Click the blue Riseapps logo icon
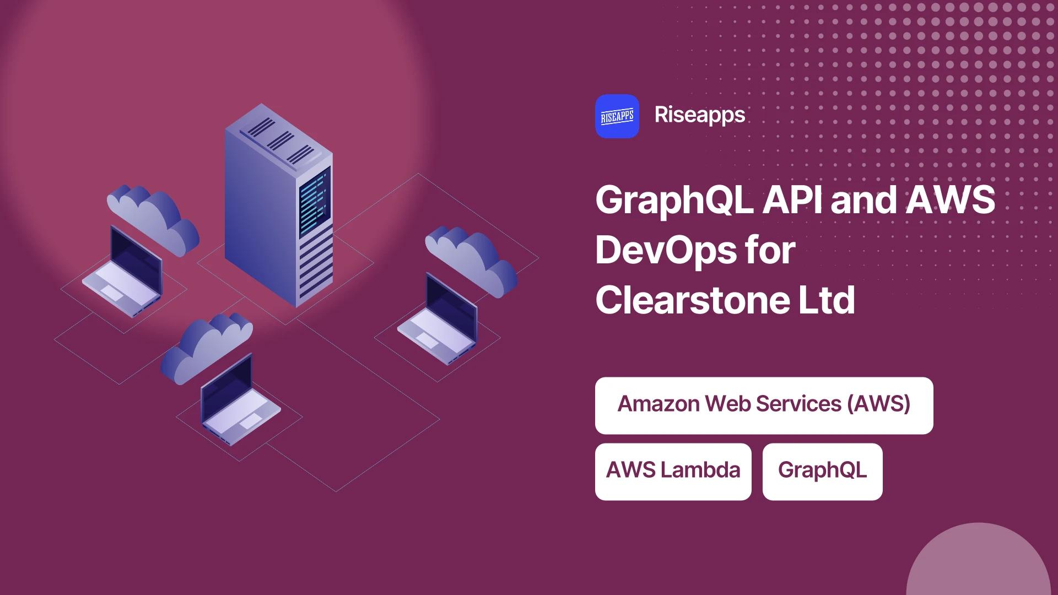point(617,116)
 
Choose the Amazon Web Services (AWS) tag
point(764,405)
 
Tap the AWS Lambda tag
point(673,472)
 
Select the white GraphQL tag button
point(823,472)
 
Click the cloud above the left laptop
point(153,219)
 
